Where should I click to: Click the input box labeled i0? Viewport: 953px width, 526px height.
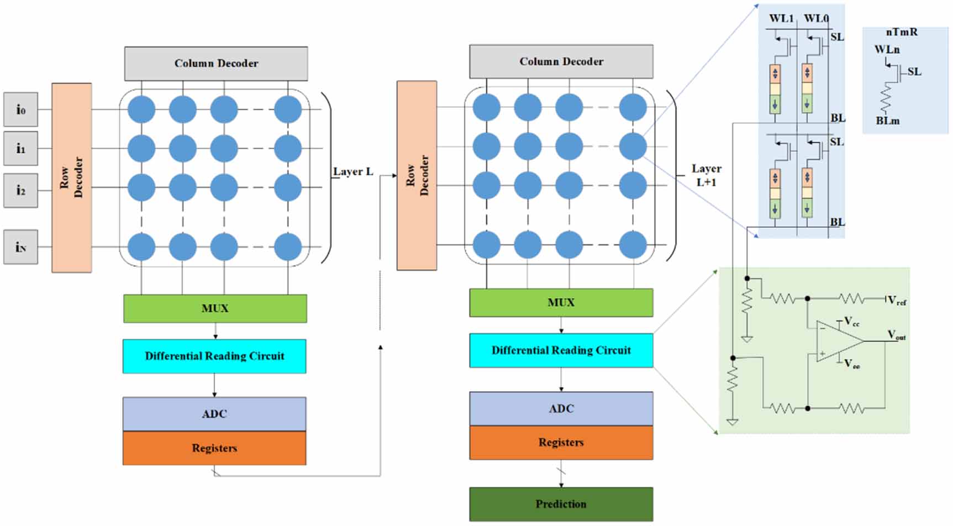tap(21, 109)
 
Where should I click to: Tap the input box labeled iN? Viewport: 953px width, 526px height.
tap(21, 247)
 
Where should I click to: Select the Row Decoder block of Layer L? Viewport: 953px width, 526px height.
tap(72, 177)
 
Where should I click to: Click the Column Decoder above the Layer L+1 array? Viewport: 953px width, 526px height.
tap(561, 61)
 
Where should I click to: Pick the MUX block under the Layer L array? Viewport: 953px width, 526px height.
tap(215, 308)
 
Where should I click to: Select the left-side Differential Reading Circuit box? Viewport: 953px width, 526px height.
tap(214, 356)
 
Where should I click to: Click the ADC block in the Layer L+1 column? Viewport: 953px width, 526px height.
tap(561, 409)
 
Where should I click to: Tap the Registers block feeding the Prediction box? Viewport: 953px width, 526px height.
tap(561, 443)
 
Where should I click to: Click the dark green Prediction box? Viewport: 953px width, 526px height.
tap(561, 504)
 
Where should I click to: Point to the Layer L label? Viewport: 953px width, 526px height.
tap(353, 172)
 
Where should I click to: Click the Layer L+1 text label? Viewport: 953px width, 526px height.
tap(706, 175)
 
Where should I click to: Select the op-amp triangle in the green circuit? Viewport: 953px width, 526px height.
tap(839, 341)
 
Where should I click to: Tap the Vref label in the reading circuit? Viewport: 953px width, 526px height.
tap(897, 301)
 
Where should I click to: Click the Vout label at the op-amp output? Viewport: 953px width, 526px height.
tap(896, 335)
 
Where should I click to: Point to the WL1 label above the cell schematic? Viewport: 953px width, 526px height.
tap(781, 19)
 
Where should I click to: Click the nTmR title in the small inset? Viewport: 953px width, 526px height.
tap(902, 32)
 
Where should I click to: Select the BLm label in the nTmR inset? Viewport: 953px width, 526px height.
tap(887, 120)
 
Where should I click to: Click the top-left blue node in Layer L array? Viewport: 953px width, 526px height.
tap(141, 109)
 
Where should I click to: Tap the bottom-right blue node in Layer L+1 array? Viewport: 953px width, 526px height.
tap(633, 245)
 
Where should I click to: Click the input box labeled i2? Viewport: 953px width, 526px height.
tap(21, 191)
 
